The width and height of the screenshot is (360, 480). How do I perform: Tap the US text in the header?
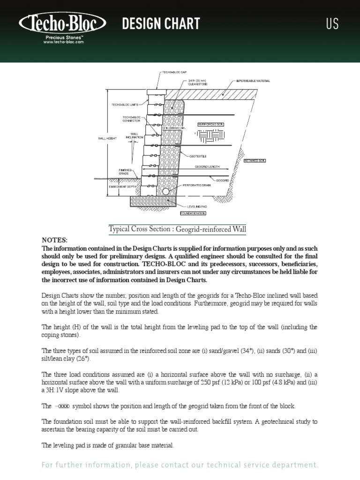pos(332,24)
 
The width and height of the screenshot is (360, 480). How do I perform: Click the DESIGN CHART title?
pos(161,23)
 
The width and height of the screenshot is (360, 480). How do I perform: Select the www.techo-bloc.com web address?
pos(63,42)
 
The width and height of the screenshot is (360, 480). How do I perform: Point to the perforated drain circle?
pos(166,191)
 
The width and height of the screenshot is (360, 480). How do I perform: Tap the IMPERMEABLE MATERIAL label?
pos(253,81)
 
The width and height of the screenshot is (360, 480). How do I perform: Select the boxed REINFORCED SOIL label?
pos(211,124)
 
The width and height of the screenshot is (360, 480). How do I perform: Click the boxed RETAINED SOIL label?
pos(255,161)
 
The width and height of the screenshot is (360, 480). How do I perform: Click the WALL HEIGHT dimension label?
pos(107,138)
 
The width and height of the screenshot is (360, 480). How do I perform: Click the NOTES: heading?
pos(54,240)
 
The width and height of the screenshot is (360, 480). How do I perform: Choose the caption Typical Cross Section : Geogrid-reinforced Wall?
pos(177,229)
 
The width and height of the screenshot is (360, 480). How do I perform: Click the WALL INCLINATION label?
pos(135,135)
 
